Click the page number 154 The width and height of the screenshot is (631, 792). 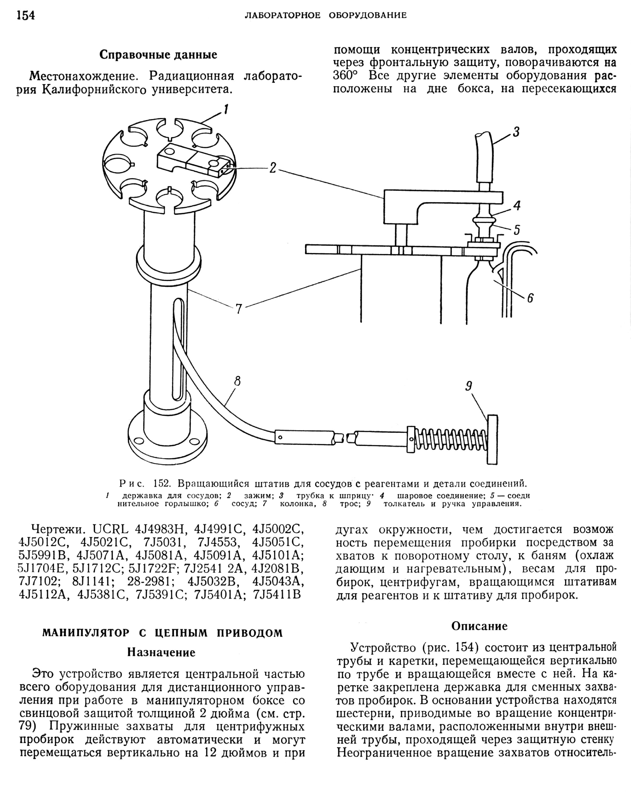tap(26, 15)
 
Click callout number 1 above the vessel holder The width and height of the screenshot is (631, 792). tap(226, 110)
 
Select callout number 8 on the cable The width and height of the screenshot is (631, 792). tap(237, 382)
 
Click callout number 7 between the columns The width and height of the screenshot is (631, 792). tap(239, 309)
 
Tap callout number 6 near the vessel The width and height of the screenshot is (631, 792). tap(530, 298)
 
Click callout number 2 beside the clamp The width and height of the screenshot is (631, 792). tap(272, 168)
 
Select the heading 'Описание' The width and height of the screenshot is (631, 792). tap(479, 626)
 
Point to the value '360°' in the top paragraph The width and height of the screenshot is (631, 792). tap(345, 76)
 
